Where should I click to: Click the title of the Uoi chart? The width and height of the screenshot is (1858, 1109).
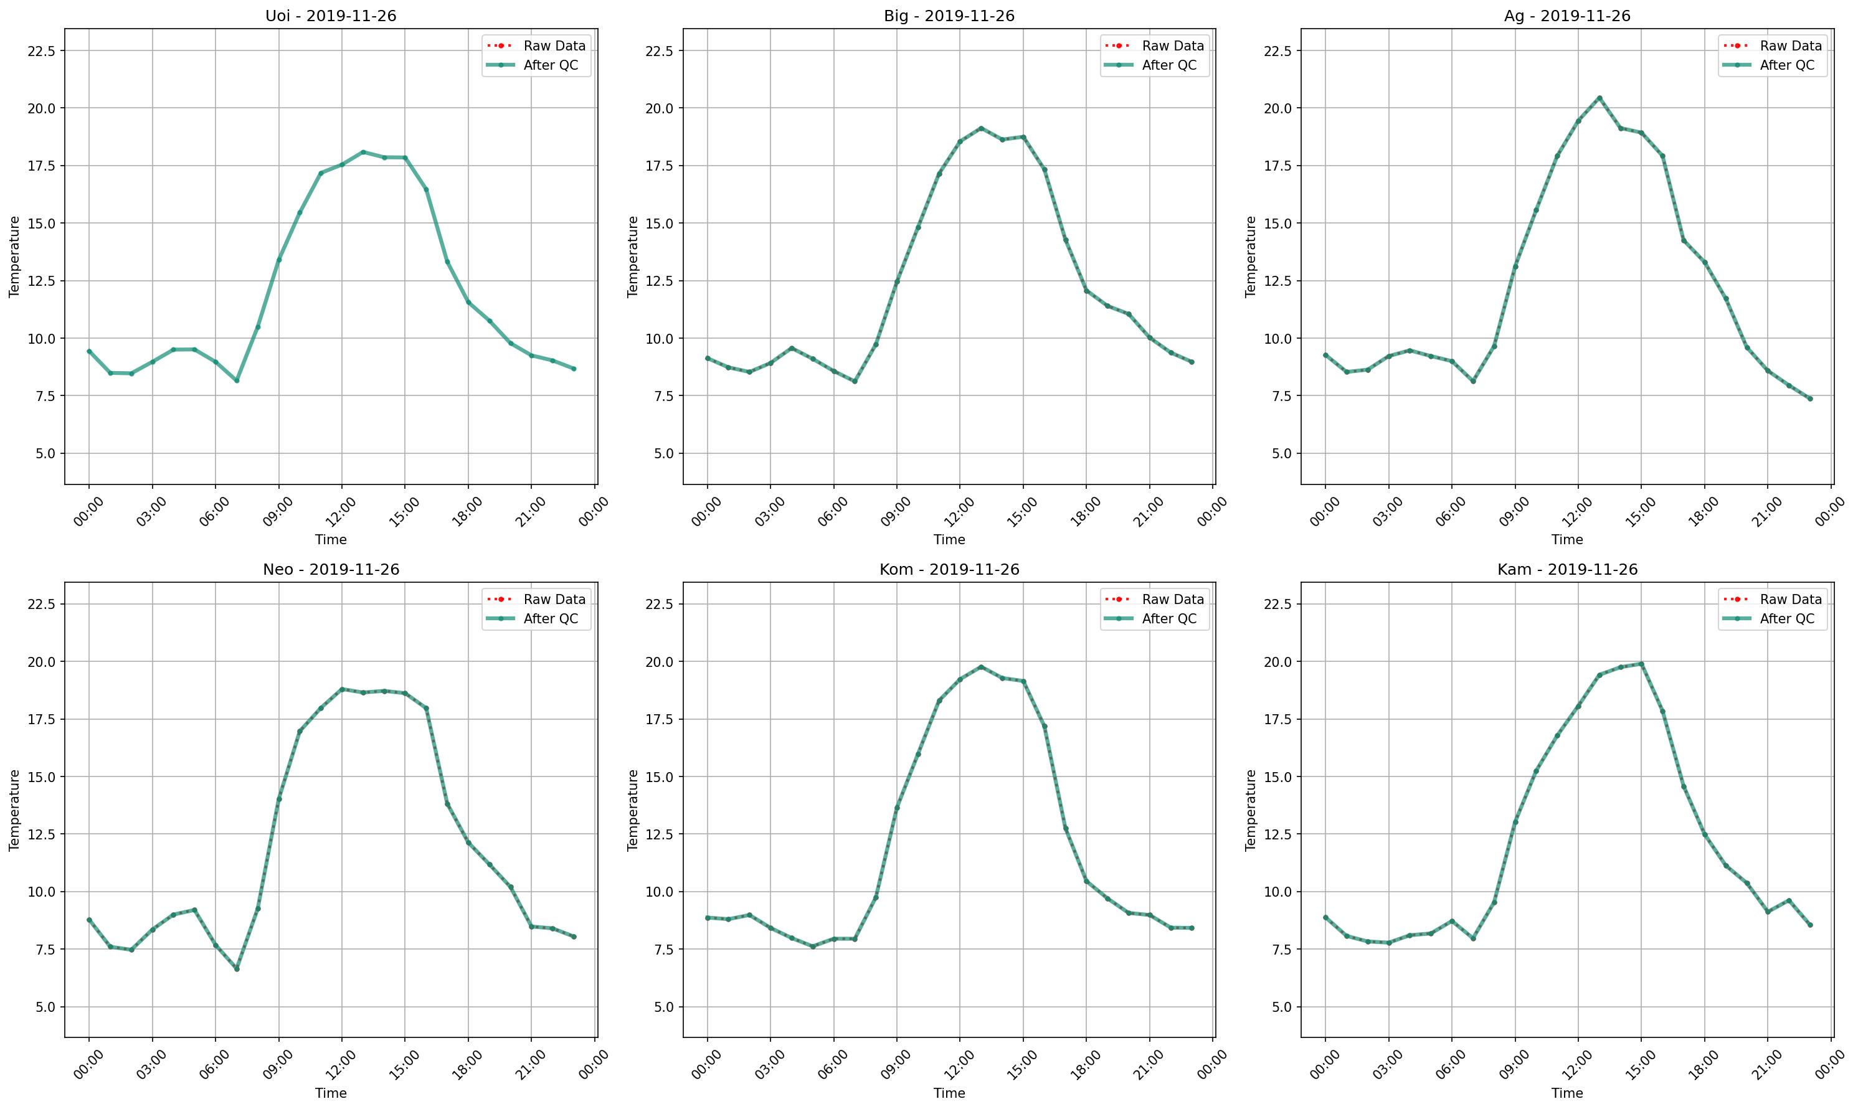(x=330, y=16)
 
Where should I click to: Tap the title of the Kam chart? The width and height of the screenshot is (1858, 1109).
(x=1567, y=570)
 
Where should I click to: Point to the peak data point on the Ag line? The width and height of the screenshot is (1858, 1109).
(x=1600, y=98)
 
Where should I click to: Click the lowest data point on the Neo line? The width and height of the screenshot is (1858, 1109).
(x=237, y=968)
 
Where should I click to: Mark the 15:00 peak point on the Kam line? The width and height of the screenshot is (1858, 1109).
(x=1641, y=664)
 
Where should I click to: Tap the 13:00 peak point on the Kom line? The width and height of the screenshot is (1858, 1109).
(x=980, y=667)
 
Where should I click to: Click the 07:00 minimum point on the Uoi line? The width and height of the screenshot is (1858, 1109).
(x=237, y=380)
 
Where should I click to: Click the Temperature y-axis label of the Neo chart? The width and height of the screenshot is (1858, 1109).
(x=14, y=810)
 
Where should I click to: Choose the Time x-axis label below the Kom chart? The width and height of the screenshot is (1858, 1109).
(x=949, y=1093)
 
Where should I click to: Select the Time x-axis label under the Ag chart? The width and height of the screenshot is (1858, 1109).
(x=1567, y=539)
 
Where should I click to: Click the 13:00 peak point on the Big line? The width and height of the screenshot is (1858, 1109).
(x=980, y=128)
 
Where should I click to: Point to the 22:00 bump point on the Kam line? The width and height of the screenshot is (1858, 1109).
(x=1788, y=900)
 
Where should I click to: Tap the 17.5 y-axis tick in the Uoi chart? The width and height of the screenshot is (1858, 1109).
(x=40, y=166)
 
